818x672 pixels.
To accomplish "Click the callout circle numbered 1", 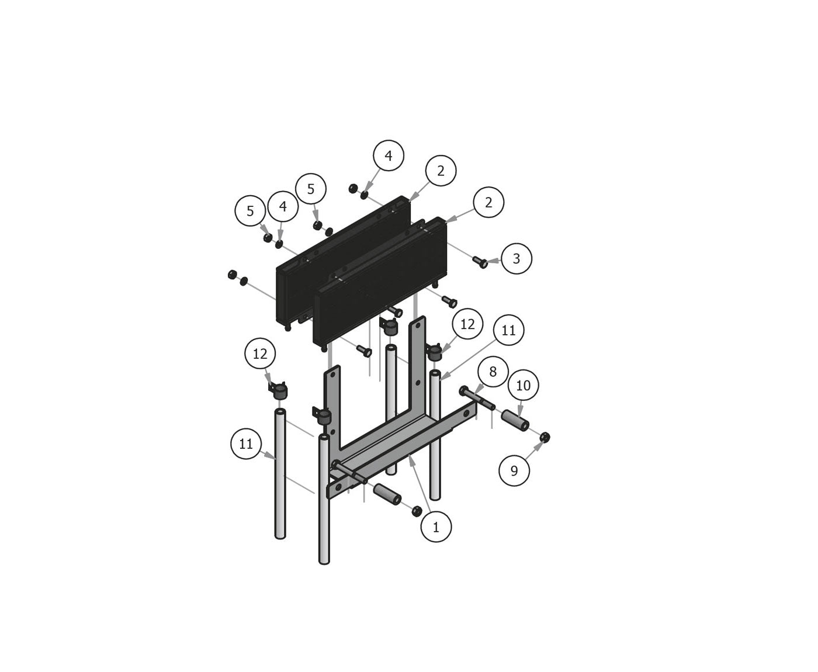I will (436, 526).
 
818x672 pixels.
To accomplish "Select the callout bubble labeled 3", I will (516, 258).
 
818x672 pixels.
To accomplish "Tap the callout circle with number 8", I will (493, 372).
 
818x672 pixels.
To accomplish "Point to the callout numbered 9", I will (514, 470).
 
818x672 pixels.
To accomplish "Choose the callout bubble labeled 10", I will (523, 386).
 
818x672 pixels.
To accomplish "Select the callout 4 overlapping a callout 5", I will (283, 206).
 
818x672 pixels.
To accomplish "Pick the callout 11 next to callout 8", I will (508, 330).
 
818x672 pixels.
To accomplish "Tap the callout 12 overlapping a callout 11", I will (467, 324).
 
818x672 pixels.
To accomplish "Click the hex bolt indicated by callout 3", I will (480, 262).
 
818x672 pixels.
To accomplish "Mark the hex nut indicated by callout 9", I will (544, 437).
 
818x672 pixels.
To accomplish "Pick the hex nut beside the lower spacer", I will (416, 511).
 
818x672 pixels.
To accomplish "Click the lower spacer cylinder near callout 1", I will (386, 494).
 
